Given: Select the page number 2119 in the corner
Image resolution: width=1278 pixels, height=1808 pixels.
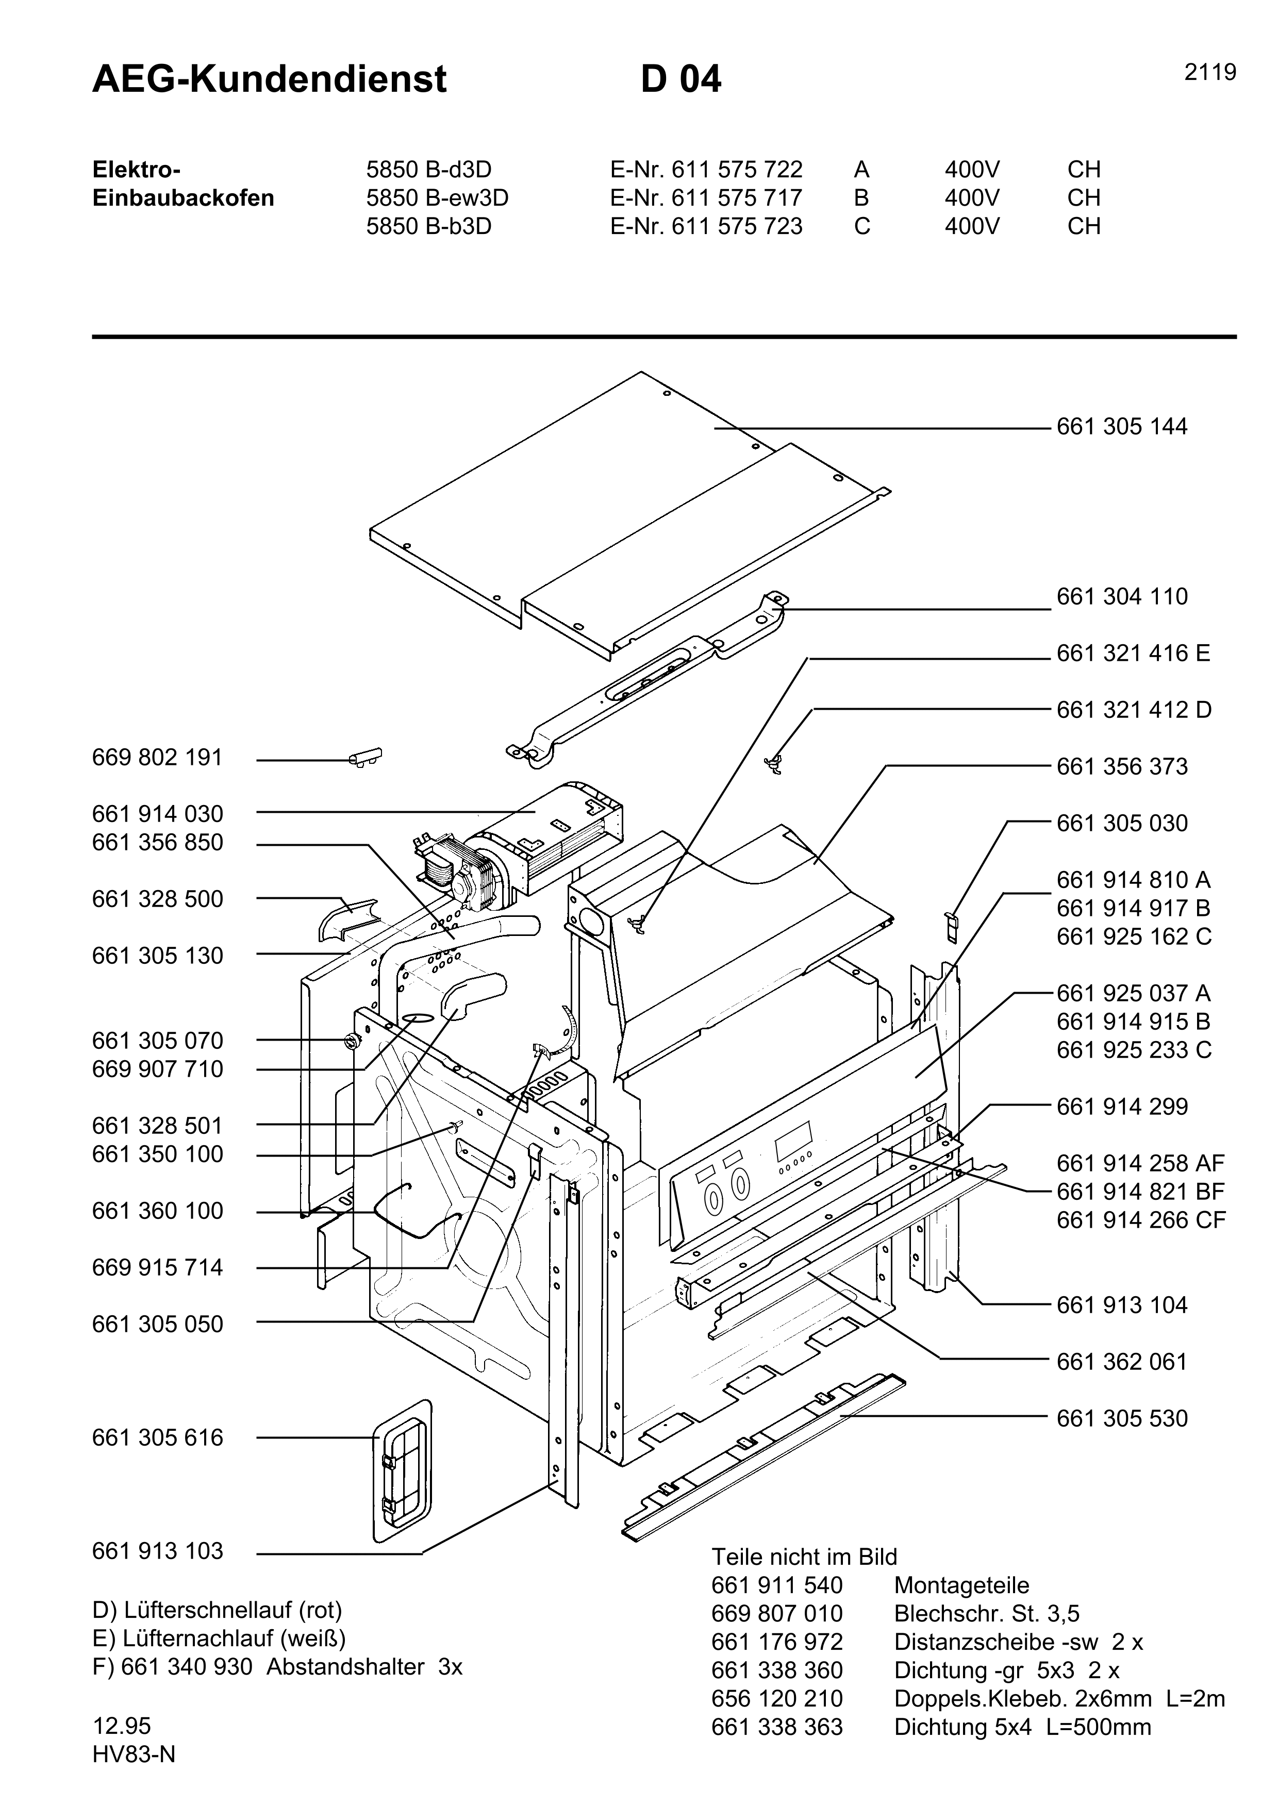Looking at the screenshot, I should point(1210,73).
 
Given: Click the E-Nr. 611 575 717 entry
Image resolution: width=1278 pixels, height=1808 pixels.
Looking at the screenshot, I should point(706,197).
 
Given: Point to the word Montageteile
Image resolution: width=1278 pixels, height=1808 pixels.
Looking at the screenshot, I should point(961,1585).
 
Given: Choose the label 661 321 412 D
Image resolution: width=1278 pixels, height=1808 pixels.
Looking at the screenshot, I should point(1133,710).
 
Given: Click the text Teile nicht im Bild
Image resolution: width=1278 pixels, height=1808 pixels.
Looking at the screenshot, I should point(804,1557).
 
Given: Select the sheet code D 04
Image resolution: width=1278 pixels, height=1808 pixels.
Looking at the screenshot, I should point(681,79).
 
